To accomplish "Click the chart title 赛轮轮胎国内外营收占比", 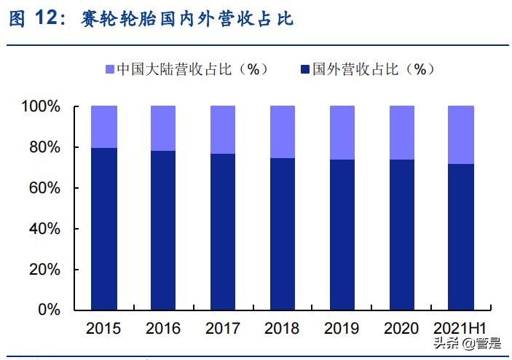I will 188,20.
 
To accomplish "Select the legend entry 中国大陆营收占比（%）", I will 187,69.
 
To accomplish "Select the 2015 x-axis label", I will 103,329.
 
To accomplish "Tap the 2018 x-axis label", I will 283,329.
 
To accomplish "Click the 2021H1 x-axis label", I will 460,329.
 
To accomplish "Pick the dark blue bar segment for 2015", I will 104,229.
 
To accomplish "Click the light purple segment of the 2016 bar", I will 163,128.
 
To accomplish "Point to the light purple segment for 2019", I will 342,133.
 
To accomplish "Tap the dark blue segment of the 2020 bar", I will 402,235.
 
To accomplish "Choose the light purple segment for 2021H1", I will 460,135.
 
